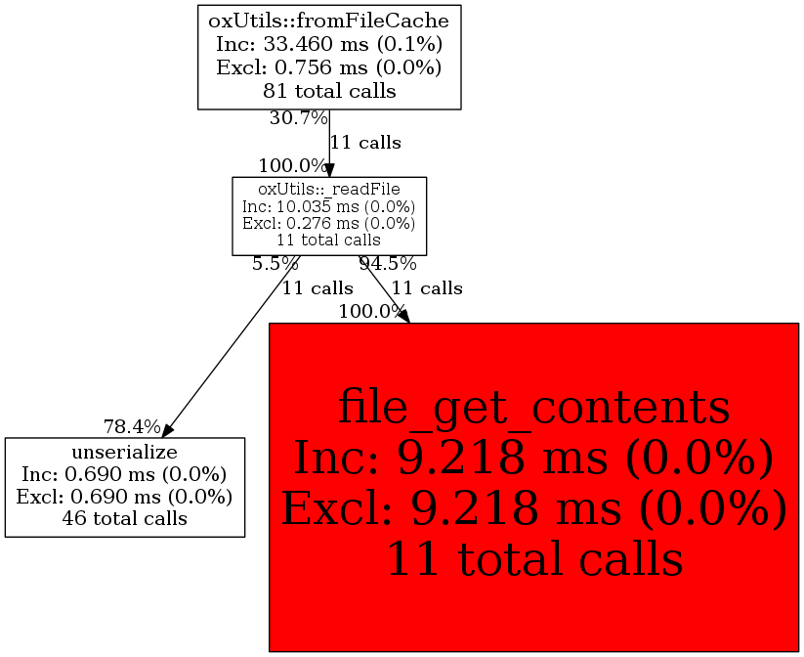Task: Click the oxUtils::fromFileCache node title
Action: [329, 19]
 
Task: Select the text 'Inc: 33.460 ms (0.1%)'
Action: [329, 43]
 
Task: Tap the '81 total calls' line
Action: [329, 92]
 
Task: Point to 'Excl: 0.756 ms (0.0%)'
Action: [329, 67]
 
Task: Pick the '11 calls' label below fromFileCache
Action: [365, 143]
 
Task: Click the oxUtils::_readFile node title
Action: [329, 188]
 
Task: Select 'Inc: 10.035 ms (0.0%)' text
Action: [329, 206]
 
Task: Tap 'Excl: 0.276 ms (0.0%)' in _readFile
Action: [329, 223]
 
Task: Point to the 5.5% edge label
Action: [275, 263]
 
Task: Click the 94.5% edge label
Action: [388, 263]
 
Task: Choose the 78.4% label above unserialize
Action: [132, 426]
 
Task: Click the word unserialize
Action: [124, 452]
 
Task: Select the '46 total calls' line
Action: [124, 518]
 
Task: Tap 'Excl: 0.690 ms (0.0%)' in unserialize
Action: [124, 497]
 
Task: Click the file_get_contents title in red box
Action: [533, 408]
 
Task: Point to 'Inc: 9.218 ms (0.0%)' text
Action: [533, 459]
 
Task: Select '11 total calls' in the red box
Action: [533, 559]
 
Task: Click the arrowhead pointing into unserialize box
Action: [168, 430]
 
